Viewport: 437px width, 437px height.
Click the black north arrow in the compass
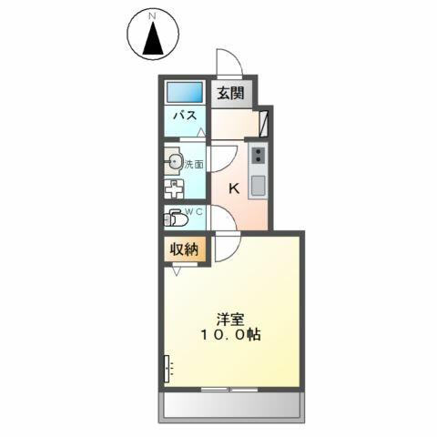pyautogui.click(x=153, y=39)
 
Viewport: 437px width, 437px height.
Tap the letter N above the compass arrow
pyautogui.click(x=153, y=17)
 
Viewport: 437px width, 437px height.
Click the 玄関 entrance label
pyautogui.click(x=230, y=93)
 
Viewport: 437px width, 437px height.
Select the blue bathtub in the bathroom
pyautogui.click(x=185, y=92)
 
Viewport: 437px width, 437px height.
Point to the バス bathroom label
pyautogui.click(x=185, y=116)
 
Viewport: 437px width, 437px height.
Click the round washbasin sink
pyautogui.click(x=174, y=160)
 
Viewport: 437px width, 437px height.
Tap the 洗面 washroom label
pyautogui.click(x=194, y=165)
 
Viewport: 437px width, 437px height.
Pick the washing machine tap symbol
pyautogui.click(x=174, y=188)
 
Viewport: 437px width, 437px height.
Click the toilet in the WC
pyautogui.click(x=175, y=218)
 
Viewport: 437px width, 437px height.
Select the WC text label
pyautogui.click(x=194, y=212)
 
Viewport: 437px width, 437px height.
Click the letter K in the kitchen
pyautogui.click(x=234, y=188)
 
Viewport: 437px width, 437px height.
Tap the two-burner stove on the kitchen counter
pyautogui.click(x=259, y=155)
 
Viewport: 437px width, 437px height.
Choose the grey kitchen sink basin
pyautogui.click(x=258, y=186)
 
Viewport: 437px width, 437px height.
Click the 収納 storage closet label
pyautogui.click(x=184, y=249)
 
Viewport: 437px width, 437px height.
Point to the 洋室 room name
pyautogui.click(x=230, y=320)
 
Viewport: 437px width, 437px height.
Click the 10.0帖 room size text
pyautogui.click(x=230, y=334)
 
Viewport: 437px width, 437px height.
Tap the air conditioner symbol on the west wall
pyautogui.click(x=167, y=369)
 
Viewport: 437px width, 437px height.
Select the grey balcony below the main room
pyautogui.click(x=232, y=407)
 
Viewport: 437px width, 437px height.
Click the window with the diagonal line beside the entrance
pyautogui.click(x=264, y=124)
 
